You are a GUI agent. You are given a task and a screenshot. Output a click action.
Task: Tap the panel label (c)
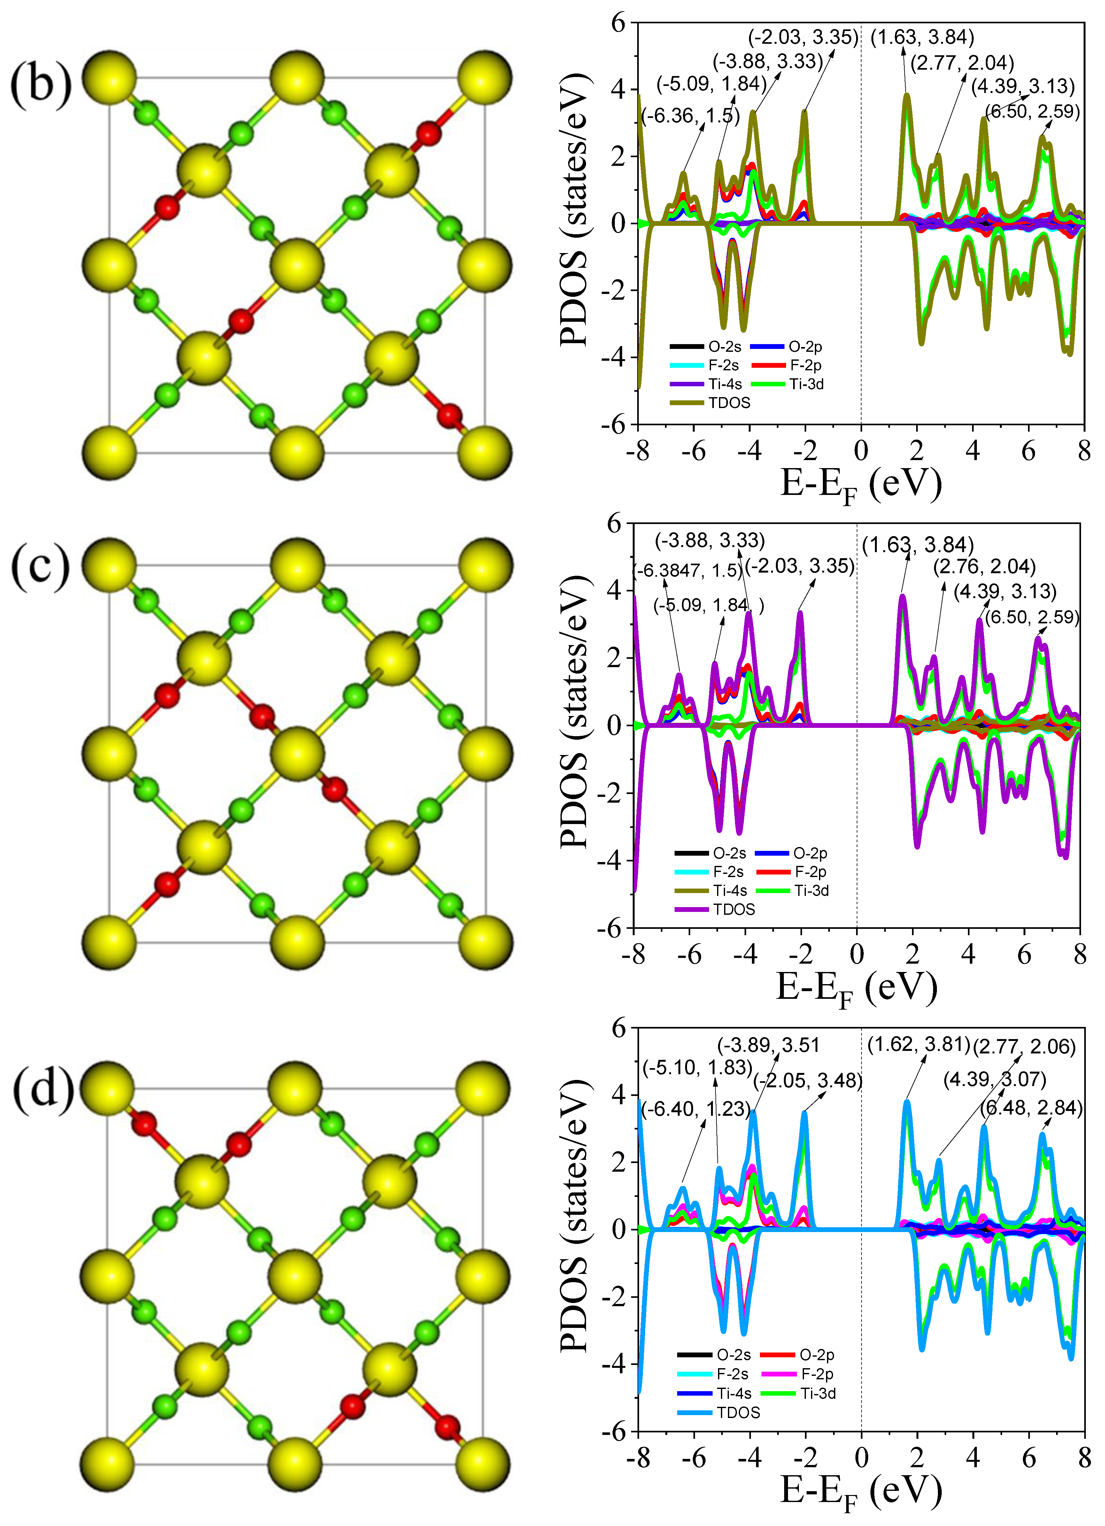pyautogui.click(x=40, y=566)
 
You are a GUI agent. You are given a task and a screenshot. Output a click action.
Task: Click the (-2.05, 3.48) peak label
pyautogui.click(x=807, y=1081)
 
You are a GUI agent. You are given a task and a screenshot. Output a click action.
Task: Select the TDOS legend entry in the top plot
pyautogui.click(x=729, y=402)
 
